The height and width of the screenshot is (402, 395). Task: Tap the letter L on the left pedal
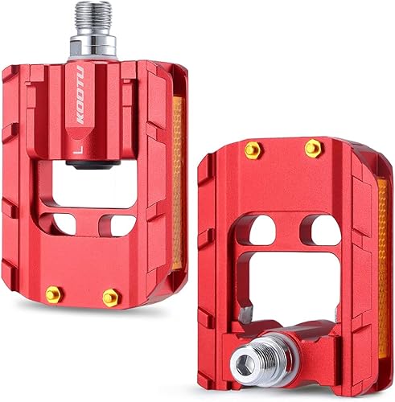75,147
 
